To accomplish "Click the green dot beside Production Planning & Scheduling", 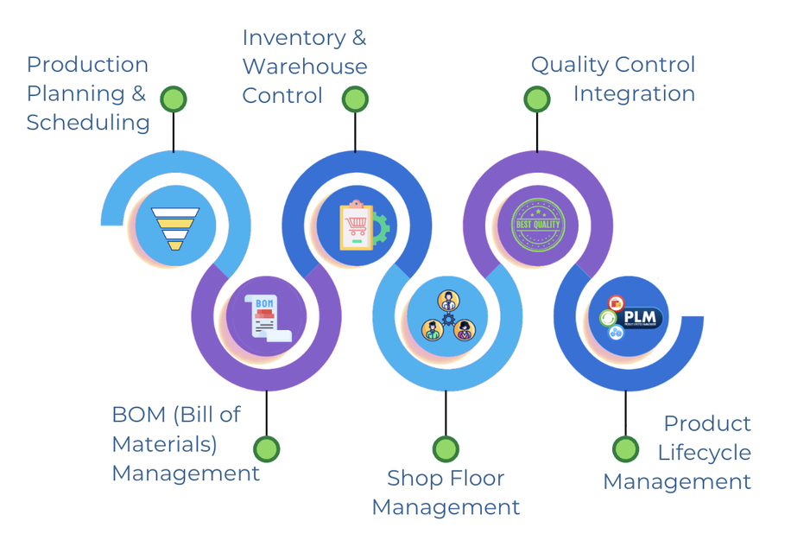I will click(x=174, y=98).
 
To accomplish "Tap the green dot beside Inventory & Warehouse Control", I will click(x=355, y=99).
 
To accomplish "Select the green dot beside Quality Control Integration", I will click(x=537, y=99).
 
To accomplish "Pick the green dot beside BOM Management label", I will click(x=267, y=449).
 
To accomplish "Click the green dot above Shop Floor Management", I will click(x=446, y=449).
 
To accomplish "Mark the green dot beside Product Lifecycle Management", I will click(x=626, y=449).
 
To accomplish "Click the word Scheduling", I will click(x=88, y=123).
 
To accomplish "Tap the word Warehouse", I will click(x=304, y=67).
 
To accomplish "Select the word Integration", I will click(x=634, y=93).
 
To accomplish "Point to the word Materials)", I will click(x=164, y=444).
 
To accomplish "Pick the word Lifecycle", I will click(x=704, y=453).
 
